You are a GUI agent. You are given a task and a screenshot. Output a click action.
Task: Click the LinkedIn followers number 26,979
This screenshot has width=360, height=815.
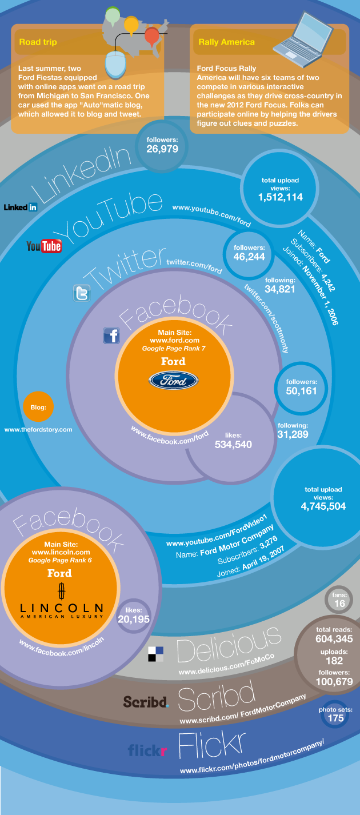tap(162, 149)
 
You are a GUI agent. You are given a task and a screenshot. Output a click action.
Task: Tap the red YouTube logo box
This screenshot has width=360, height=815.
tap(51, 246)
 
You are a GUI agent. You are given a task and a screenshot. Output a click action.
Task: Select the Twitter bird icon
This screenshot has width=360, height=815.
tap(82, 293)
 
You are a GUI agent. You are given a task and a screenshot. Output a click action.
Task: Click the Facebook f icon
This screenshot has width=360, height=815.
tap(111, 335)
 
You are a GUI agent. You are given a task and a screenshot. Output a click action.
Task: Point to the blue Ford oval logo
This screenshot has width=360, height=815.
tap(174, 381)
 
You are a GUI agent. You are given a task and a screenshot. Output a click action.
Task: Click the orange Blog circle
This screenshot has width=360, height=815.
tap(38, 407)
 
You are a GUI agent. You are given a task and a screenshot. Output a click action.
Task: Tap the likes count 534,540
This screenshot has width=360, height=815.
tap(233, 444)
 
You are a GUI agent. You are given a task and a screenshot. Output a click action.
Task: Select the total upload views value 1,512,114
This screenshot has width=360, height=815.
tap(281, 197)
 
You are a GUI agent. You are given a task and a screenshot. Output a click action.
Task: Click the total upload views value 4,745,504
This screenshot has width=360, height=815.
tap(323, 506)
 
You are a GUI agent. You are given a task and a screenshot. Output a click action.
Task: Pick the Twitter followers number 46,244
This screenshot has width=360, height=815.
tap(249, 257)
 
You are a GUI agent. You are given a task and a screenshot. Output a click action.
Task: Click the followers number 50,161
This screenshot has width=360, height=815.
tap(302, 391)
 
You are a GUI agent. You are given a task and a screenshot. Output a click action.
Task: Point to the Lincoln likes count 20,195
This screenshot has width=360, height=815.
tap(134, 620)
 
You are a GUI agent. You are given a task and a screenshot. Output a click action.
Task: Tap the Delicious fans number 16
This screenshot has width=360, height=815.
tap(339, 604)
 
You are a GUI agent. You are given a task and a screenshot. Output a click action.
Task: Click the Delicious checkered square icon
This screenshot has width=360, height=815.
tap(155, 654)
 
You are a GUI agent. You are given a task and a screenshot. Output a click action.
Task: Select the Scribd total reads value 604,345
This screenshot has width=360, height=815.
tap(334, 639)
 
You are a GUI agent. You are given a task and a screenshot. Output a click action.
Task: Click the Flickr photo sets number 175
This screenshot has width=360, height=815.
tap(335, 718)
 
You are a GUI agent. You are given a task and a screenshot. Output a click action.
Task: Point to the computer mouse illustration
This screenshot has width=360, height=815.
tap(115, 65)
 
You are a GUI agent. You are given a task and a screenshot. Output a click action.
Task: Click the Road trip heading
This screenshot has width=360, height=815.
tap(38, 42)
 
